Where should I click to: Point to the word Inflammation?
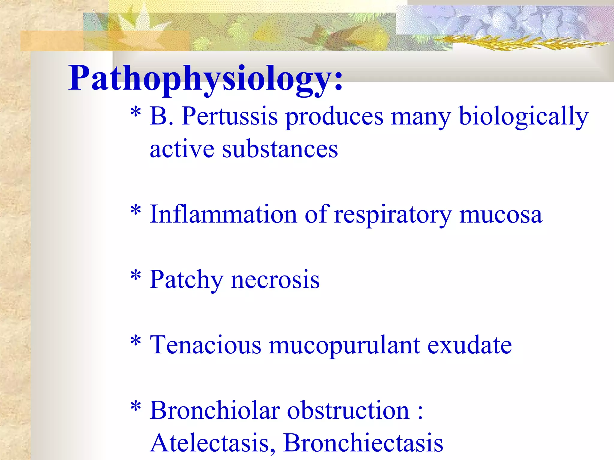[223, 214]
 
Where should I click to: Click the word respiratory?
[393, 214]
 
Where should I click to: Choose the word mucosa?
[500, 214]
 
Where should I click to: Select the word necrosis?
[275, 280]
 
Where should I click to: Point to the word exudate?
[469, 345]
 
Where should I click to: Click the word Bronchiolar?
[215, 410]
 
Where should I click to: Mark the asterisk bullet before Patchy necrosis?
[136, 275]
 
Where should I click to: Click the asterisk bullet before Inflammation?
[136, 210]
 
